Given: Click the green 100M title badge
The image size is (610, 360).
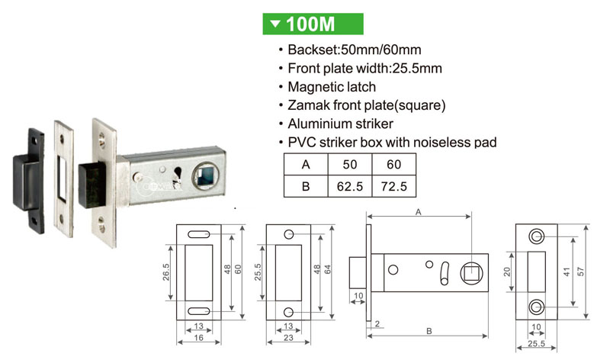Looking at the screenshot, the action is pyautogui.click(x=313, y=24).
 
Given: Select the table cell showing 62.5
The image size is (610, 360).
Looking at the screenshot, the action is pyautogui.click(x=350, y=186).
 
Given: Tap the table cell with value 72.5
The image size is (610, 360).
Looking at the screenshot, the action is pyautogui.click(x=393, y=186).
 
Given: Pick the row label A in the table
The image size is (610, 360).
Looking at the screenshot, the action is pyautogui.click(x=306, y=164).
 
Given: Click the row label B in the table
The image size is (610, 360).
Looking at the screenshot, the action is pyautogui.click(x=306, y=186).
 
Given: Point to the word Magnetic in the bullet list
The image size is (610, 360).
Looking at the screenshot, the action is pyautogui.click(x=313, y=87).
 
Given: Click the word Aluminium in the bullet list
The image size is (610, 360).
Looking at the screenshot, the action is pyautogui.click(x=315, y=124).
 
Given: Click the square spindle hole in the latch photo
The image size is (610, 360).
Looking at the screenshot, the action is pyautogui.click(x=205, y=176).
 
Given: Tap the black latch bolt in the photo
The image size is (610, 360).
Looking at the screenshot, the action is pyautogui.click(x=92, y=184).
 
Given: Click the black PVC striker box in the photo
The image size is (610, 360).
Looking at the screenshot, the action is pyautogui.click(x=28, y=180).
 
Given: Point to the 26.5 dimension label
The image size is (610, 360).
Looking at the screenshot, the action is pyautogui.click(x=166, y=272).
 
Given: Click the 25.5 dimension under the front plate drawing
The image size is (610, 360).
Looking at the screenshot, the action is pyautogui.click(x=536, y=343).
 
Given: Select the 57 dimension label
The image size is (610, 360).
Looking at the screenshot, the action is pyautogui.click(x=580, y=272).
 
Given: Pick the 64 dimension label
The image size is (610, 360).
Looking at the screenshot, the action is pyautogui.click(x=328, y=269).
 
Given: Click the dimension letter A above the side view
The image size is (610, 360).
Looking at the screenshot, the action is pyautogui.click(x=418, y=212).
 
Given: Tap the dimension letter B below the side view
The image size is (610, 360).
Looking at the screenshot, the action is pyautogui.click(x=429, y=331).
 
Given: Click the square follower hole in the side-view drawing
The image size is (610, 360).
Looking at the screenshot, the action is pyautogui.click(x=472, y=272).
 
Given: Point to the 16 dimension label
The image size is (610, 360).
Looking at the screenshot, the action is pyautogui.click(x=198, y=337).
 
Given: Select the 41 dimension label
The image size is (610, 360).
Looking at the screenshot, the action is pyautogui.click(x=567, y=272).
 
